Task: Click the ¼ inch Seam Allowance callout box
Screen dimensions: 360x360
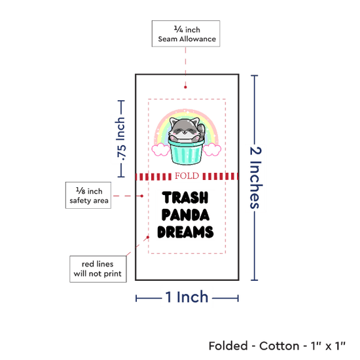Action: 186,33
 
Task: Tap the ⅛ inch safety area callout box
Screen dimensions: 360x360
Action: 88,196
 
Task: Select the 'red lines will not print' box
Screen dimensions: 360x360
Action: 98,269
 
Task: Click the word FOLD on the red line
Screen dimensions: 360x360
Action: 187,176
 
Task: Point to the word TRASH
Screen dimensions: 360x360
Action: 185,198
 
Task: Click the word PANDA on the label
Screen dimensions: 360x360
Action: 185,215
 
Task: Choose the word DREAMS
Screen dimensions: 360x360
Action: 185,232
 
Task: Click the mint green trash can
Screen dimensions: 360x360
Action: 186,152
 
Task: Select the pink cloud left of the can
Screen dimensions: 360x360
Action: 161,149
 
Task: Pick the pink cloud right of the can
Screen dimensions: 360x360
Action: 212,149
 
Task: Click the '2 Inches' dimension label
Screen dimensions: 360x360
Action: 255,177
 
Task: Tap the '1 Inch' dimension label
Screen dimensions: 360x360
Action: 187,297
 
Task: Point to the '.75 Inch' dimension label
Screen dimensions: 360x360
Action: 121,139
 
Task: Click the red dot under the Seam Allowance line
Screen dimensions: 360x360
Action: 185,87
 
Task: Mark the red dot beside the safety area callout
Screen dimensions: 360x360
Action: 142,196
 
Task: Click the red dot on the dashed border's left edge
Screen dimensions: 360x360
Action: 148,237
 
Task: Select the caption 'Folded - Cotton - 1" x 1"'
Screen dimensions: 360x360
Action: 277,346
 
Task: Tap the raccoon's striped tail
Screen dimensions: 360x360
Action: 202,131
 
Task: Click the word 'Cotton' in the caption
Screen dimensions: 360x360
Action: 279,346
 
